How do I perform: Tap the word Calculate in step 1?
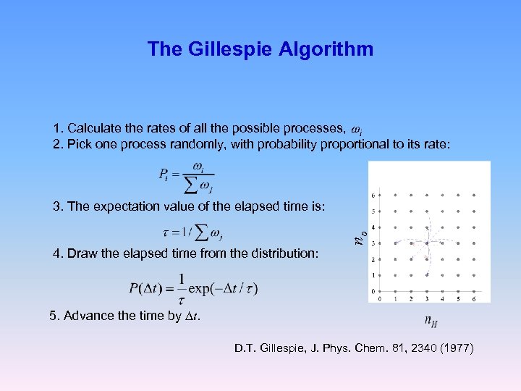pos(98,129)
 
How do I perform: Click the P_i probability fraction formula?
pos(185,177)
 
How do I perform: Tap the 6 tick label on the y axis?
pos(374,195)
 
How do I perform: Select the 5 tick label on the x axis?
pos(458,298)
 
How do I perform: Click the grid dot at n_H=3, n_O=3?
pos(426,243)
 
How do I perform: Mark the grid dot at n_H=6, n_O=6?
pos(474,195)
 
